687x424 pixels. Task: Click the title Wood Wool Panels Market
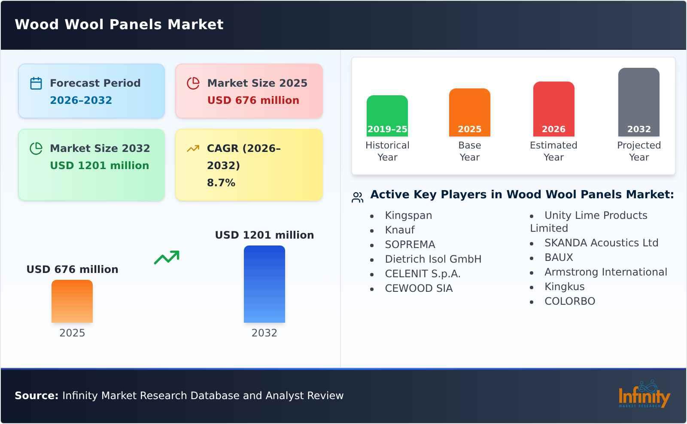tap(119, 24)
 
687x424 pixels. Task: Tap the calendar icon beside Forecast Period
tap(36, 83)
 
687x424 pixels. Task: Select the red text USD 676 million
tap(253, 100)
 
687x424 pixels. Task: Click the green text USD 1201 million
tap(99, 166)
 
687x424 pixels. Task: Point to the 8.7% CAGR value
tap(221, 183)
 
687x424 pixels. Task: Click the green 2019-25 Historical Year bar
tap(387, 116)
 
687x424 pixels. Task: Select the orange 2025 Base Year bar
tap(469, 112)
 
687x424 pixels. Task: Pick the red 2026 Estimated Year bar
tap(553, 109)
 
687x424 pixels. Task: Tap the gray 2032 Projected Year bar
tap(638, 102)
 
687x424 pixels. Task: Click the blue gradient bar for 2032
tap(264, 284)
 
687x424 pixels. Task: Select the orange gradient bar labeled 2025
tap(72, 301)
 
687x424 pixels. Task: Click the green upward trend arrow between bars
tap(167, 257)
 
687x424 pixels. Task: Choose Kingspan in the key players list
tap(408, 215)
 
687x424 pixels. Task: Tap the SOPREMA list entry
tap(410, 245)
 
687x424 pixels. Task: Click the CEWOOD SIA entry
tap(419, 288)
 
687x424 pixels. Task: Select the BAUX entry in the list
tap(559, 257)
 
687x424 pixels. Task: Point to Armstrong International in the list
tap(605, 272)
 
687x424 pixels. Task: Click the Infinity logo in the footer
tap(644, 395)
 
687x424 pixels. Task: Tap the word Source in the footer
tap(36, 396)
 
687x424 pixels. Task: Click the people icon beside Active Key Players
tap(357, 197)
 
